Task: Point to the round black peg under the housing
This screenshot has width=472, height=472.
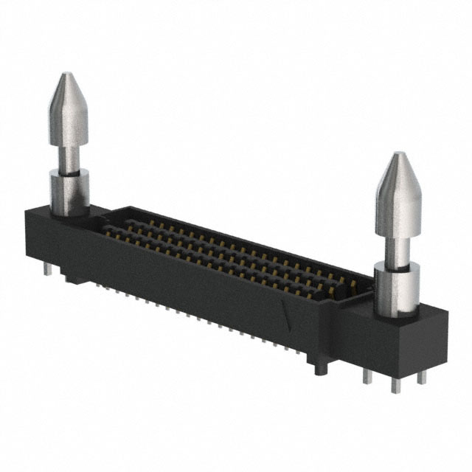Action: [319, 367]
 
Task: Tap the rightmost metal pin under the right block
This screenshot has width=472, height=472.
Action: [421, 376]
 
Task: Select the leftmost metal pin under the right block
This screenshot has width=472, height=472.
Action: [367, 375]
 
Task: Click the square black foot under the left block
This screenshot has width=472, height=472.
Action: [72, 280]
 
